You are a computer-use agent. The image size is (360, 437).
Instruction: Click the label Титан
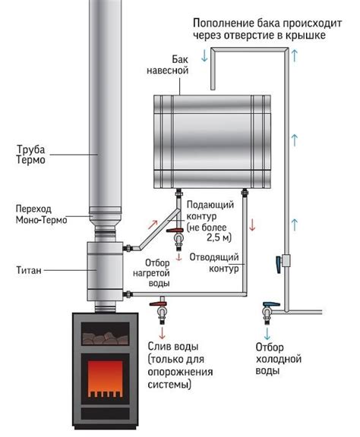click(x=29, y=270)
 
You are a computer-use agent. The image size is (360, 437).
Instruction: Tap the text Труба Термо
click(x=30, y=155)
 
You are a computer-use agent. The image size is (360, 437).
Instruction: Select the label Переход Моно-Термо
click(x=41, y=214)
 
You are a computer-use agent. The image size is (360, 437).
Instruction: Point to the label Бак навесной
click(x=168, y=64)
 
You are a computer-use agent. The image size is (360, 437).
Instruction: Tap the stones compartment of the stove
click(x=106, y=334)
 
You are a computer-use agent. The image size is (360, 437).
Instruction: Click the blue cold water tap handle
click(x=271, y=304)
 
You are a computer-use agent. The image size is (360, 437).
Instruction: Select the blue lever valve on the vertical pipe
click(x=278, y=263)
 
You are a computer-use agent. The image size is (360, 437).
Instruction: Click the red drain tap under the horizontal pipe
click(x=158, y=303)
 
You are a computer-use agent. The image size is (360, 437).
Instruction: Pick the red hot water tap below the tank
click(x=175, y=231)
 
